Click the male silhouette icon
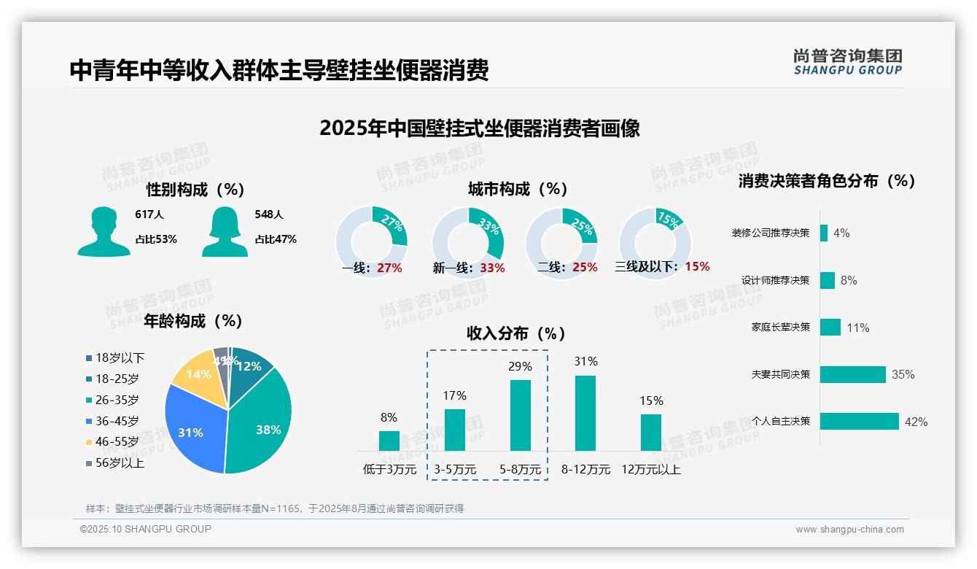pos(104,231)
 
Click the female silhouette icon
pos(225,231)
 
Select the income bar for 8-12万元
pos(585,413)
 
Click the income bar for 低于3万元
pos(389,441)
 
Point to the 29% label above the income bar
pos(521,366)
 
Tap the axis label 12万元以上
pos(650,470)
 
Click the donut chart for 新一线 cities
pos(467,243)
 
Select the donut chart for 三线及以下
pos(654,243)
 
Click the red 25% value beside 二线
pos(585,268)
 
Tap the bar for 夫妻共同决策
pos(852,374)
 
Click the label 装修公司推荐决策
pos(771,233)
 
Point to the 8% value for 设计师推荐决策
pos(849,281)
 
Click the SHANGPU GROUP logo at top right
pos(847,62)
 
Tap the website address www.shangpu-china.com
pos(849,530)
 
